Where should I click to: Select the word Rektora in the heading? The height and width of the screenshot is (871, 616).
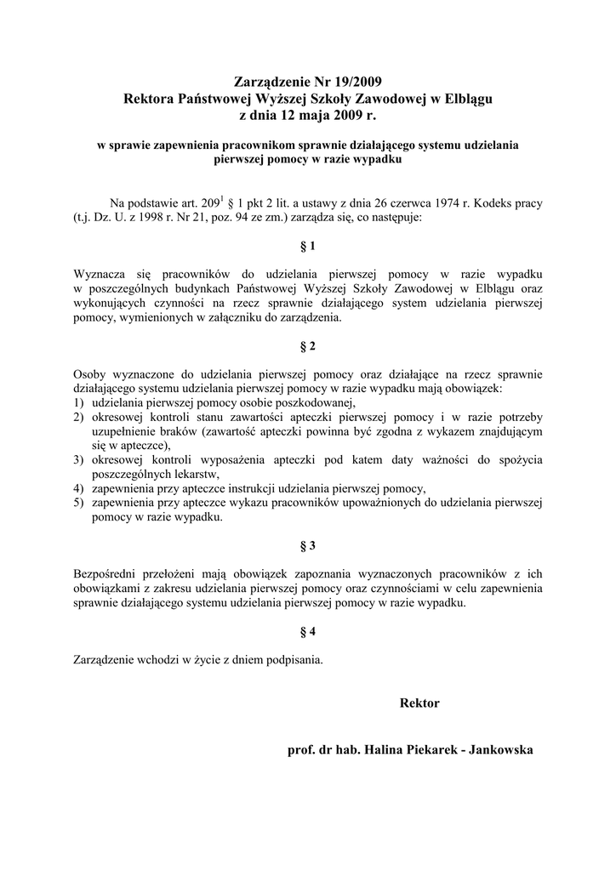(151, 99)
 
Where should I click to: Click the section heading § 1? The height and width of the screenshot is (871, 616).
(308, 247)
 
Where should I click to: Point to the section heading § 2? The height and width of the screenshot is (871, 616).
(308, 347)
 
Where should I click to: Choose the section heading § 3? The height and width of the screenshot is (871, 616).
(308, 544)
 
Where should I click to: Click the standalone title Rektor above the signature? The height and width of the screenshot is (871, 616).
(419, 703)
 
